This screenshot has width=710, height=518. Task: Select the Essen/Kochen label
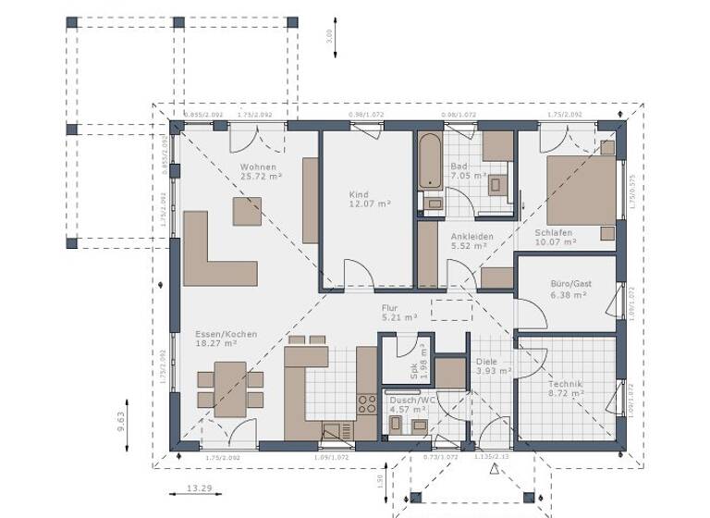point(226,334)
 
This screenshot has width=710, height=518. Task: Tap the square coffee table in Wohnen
point(248,213)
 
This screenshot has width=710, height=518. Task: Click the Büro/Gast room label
point(569,283)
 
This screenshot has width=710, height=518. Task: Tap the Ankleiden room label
point(471,237)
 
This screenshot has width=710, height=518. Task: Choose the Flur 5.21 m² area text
point(399,316)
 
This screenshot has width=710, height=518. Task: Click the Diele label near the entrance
point(486,362)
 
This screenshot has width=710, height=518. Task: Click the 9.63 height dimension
point(120,423)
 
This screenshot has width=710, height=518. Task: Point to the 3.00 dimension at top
point(329,36)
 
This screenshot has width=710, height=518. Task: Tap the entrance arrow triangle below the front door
point(495,469)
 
